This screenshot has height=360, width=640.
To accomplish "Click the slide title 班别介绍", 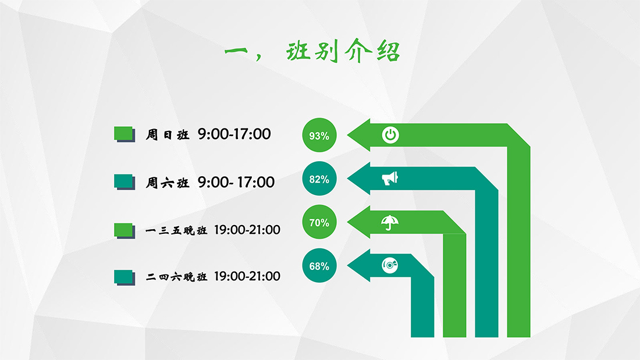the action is point(343,51).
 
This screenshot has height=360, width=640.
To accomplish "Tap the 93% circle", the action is point(319,135).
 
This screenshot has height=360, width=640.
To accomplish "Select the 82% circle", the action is point(319,179).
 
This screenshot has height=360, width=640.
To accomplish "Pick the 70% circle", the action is point(319,222).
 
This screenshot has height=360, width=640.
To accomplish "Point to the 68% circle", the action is point(319,266).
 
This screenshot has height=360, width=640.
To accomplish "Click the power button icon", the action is point(390,135).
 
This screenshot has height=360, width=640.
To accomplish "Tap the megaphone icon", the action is point(390,179).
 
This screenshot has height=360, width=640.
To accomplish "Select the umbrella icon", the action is point(390,222).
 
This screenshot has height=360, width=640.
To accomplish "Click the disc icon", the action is point(390,265).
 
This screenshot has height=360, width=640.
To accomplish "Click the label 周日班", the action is point(168,135).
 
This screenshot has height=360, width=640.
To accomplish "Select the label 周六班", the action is point(168,183).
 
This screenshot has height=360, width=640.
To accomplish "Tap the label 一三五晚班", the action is point(176,230).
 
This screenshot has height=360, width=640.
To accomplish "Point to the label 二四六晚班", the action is point(176,277).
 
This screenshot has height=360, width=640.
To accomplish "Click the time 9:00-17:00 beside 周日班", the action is point(234,134).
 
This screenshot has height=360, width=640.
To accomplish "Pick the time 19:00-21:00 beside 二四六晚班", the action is point(247,276).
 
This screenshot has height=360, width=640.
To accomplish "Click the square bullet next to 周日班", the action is point(125,134).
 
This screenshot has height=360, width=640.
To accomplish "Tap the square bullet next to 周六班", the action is point(125,182).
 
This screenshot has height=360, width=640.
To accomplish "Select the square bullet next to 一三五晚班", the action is point(125,231).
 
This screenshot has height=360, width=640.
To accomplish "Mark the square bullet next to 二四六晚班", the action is point(125,277).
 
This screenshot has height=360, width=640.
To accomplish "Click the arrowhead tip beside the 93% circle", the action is point(347,135).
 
